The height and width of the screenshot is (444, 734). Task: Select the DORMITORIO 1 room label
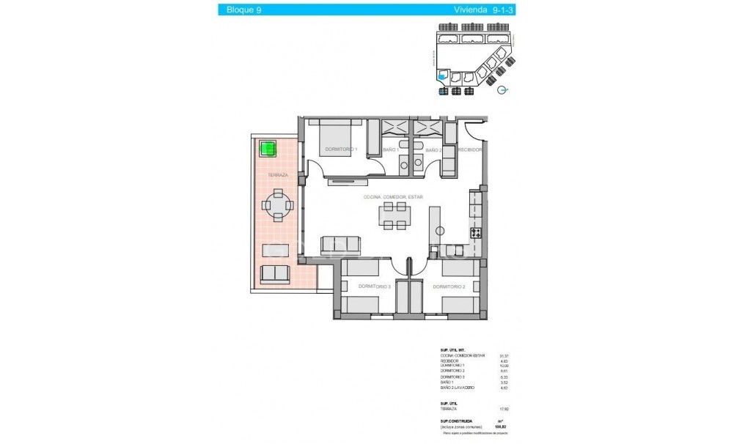point(339,149)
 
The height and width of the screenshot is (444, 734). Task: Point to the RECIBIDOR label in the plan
point(469,149)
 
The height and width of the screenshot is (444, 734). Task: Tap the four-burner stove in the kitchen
point(476,234)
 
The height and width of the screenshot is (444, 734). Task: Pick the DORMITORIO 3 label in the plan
point(373,287)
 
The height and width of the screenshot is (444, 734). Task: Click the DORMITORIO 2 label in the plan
point(449,287)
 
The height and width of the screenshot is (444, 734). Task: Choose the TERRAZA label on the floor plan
point(277,176)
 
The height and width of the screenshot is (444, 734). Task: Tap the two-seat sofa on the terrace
point(276,274)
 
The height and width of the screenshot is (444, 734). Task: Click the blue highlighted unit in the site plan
point(441,75)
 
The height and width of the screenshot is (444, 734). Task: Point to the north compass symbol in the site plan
point(502,90)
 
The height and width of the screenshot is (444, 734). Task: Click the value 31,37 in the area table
point(504,355)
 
